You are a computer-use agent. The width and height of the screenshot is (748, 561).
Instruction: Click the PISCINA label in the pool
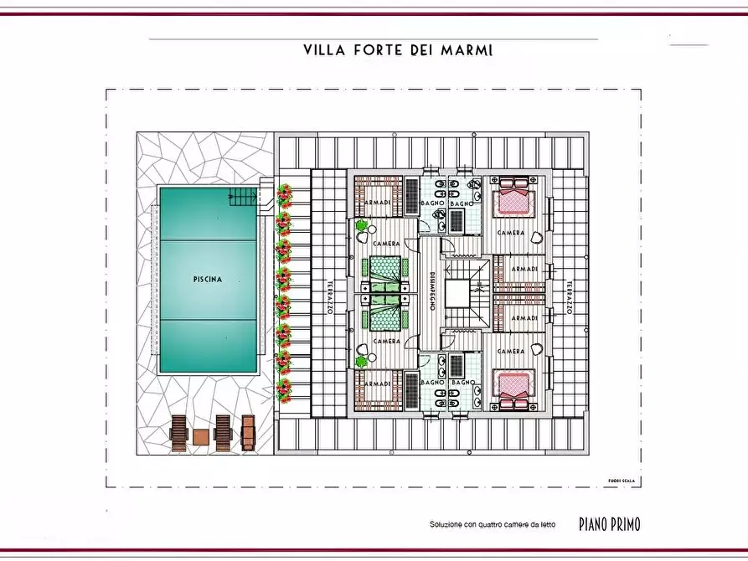click(x=207, y=280)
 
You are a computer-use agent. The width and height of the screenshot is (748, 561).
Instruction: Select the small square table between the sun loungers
click(x=200, y=437)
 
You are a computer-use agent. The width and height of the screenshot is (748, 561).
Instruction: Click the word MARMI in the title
click(x=468, y=50)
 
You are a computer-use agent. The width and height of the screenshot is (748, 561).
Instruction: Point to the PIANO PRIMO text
click(x=609, y=524)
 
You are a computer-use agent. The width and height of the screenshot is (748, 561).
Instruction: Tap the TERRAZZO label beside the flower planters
click(x=331, y=297)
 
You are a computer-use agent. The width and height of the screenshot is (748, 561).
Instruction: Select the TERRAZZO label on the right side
click(x=568, y=297)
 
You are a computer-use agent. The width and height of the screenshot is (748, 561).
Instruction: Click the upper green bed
click(x=384, y=270)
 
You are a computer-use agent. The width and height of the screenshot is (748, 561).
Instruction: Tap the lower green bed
click(x=384, y=317)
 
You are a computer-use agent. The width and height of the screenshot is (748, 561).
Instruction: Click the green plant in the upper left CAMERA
click(x=361, y=225)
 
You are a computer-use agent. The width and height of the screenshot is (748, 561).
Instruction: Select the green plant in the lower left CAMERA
click(x=361, y=362)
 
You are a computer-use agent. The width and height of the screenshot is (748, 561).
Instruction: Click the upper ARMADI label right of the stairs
click(x=525, y=269)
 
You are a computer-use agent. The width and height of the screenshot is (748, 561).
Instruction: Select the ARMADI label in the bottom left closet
click(x=379, y=383)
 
